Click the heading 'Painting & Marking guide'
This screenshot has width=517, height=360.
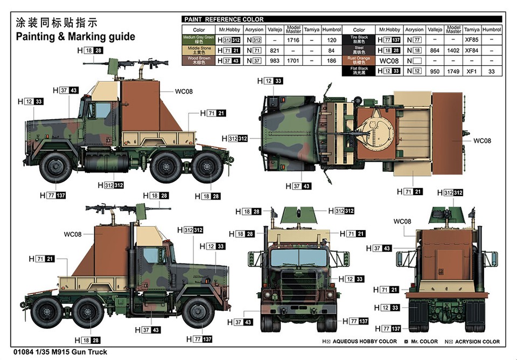pyautogui.click(x=75, y=37)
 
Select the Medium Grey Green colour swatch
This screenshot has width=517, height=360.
pyautogui.click(x=199, y=39)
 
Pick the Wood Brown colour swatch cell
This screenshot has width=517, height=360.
pyautogui.click(x=199, y=60)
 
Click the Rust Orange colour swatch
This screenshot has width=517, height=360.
pyautogui.click(x=359, y=60)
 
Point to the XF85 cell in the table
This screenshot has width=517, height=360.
pyautogui.click(x=472, y=39)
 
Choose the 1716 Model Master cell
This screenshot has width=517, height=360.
pyautogui.click(x=294, y=39)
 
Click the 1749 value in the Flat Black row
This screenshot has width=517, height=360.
pyautogui.click(x=453, y=71)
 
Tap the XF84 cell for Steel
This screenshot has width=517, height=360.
pyautogui.click(x=472, y=50)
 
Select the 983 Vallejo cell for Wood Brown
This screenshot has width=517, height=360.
pyautogui.click(x=275, y=60)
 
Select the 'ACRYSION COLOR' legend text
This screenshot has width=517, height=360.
pyautogui.click(x=477, y=341)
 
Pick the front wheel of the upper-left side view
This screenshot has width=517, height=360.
pyautogui.click(x=56, y=168)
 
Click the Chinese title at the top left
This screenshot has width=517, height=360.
pyautogui.click(x=56, y=23)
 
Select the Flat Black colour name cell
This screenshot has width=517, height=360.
pyautogui.click(x=359, y=71)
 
